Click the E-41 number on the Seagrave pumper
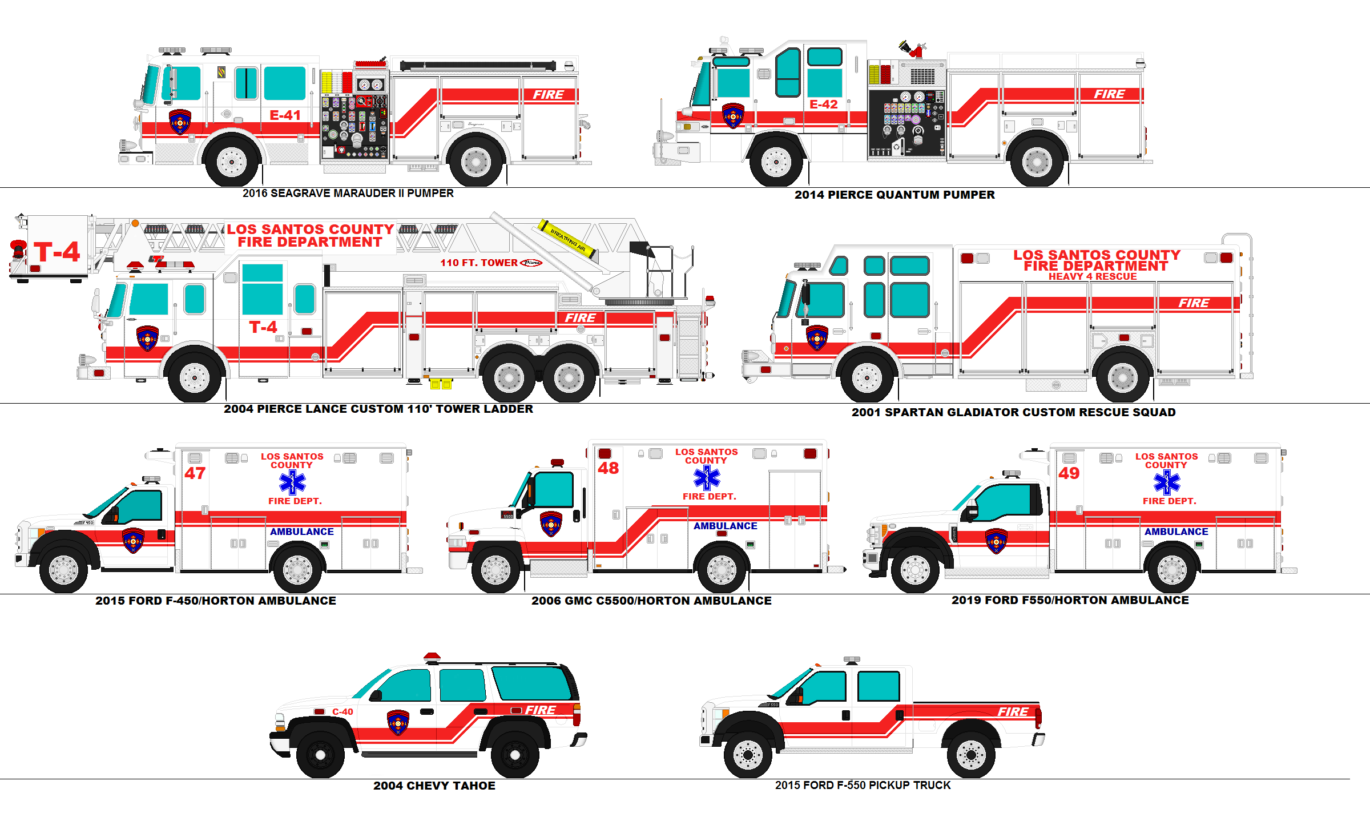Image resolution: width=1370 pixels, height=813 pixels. [x=285, y=115]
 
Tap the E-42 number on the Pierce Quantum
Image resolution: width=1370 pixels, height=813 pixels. [x=823, y=104]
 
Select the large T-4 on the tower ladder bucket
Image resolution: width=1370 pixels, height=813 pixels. [x=57, y=252]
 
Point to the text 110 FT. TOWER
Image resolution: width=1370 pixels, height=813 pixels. [x=478, y=263]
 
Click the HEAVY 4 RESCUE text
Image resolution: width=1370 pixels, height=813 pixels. [x=1092, y=276]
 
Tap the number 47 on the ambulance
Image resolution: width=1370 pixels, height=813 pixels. [x=195, y=473]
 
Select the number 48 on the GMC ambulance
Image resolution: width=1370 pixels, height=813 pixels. [x=608, y=468]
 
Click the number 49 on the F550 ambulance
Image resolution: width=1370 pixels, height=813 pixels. [x=1069, y=473]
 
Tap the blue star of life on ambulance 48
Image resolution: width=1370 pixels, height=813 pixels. [x=707, y=478]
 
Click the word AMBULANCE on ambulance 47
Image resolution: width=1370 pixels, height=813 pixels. [x=301, y=532]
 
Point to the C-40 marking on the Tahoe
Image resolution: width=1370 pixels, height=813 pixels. [x=342, y=711]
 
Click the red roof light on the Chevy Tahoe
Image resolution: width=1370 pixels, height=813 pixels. [x=432, y=657]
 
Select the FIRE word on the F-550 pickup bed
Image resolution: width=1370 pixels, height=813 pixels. [x=1013, y=711]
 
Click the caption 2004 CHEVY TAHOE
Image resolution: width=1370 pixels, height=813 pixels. [x=434, y=786]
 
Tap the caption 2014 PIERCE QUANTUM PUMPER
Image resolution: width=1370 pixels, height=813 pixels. [x=894, y=195]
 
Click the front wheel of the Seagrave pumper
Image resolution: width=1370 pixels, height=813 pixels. [x=231, y=162]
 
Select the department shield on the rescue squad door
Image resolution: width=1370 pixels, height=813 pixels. [x=816, y=338]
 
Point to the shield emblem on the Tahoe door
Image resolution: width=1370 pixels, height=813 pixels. [x=398, y=722]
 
